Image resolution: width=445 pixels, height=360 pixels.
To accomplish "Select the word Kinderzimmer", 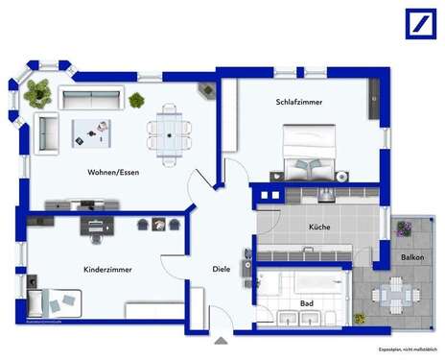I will [107, 270].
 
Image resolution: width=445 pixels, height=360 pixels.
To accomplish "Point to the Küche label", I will [319, 228].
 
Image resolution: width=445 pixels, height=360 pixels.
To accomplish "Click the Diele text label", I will [222, 270].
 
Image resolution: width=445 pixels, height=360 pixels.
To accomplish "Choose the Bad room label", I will [306, 303].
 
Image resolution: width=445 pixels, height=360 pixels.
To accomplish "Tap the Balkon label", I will [412, 259].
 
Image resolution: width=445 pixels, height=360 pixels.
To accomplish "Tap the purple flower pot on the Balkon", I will [404, 228].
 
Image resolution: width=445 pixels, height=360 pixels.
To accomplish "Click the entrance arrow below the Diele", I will [222, 339].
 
